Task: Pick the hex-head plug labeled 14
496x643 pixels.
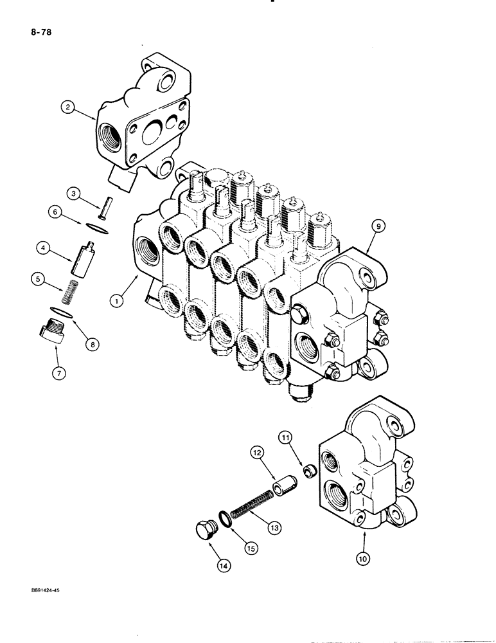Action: coord(205,531)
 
